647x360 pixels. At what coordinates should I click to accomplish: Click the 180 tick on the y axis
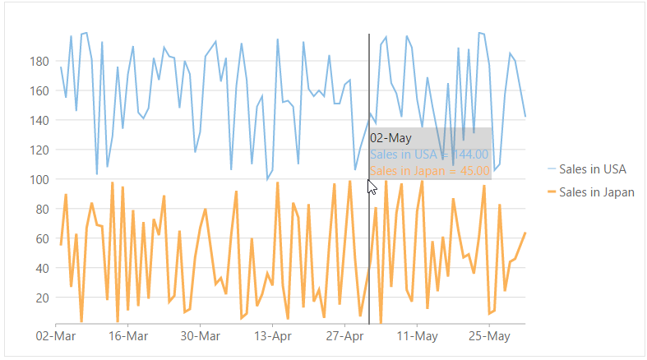pyautogui.click(x=39, y=61)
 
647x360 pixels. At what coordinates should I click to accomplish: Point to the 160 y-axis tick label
pyautogui.click(x=39, y=90)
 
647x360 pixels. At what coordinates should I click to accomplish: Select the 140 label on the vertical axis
pyautogui.click(x=39, y=120)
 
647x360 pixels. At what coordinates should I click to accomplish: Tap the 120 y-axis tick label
pyautogui.click(x=39, y=150)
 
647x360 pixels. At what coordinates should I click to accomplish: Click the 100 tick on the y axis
pyautogui.click(x=39, y=179)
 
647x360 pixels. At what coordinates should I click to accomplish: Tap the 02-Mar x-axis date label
pyautogui.click(x=55, y=336)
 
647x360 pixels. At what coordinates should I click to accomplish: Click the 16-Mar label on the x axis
pyautogui.click(x=127, y=336)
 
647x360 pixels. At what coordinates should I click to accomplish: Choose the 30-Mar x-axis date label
pyautogui.click(x=200, y=336)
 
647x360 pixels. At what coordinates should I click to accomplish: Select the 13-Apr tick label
pyautogui.click(x=272, y=336)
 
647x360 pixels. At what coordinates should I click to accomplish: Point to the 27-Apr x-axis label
pyautogui.click(x=344, y=336)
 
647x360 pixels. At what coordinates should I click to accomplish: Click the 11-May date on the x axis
pyautogui.click(x=417, y=336)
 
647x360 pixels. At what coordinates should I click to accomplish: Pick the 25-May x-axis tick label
pyautogui.click(x=489, y=336)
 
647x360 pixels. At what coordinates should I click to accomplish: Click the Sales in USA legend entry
pyautogui.click(x=592, y=169)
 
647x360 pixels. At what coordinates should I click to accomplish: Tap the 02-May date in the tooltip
pyautogui.click(x=391, y=138)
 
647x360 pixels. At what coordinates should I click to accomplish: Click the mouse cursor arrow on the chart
pyautogui.click(x=372, y=186)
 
